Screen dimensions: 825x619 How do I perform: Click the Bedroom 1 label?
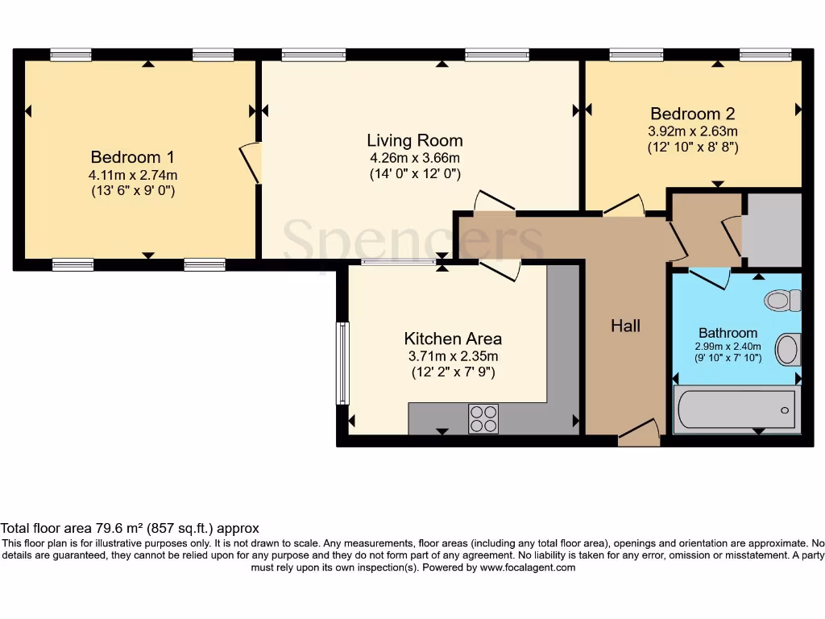tap(132, 157)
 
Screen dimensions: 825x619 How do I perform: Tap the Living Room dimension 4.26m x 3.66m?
tap(415, 158)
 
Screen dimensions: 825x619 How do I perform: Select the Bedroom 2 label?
tap(692, 114)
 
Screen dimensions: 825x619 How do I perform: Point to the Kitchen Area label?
tap(453, 339)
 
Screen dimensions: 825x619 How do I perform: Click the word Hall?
tap(625, 326)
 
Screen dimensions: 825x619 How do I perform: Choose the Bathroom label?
tap(728, 333)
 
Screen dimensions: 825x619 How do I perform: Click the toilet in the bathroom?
tap(782, 301)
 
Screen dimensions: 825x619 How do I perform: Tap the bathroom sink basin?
tap(788, 350)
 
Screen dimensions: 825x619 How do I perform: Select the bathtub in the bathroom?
tap(736, 409)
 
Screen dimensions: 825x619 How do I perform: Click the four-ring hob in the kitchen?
tap(483, 419)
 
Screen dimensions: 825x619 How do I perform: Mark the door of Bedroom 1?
tap(251, 163)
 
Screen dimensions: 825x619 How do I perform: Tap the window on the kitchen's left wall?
tap(342, 364)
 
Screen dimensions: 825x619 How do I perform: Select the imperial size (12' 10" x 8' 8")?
tap(692, 147)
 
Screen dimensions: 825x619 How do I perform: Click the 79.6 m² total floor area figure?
tap(119, 528)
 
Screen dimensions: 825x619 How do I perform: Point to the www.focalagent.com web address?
tap(528, 567)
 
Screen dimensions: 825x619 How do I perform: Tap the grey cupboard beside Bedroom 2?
tap(772, 230)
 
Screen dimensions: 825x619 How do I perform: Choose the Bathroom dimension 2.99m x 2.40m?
tap(728, 347)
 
